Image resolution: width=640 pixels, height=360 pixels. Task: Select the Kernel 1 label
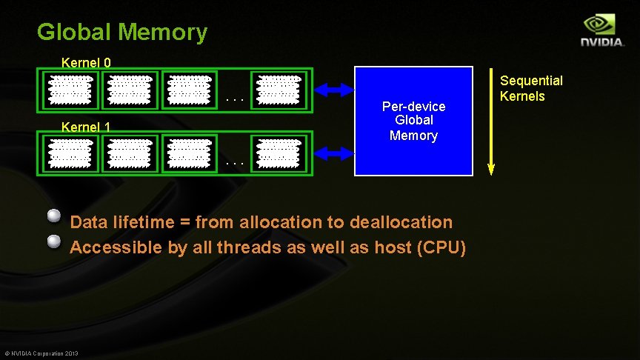[x=86, y=127]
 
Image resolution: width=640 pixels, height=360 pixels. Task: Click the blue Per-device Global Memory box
[x=413, y=121]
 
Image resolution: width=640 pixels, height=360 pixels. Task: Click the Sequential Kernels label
[x=531, y=88]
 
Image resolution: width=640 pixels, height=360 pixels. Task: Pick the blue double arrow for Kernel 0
[x=335, y=90]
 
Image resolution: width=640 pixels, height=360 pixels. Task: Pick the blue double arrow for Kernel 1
[x=335, y=153]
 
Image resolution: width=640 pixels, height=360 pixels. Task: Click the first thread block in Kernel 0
[x=70, y=90]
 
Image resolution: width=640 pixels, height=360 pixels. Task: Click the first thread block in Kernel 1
[x=70, y=153]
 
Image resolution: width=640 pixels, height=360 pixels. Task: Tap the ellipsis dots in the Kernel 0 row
[x=234, y=98]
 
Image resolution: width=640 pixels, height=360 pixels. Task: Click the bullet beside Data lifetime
[x=53, y=216]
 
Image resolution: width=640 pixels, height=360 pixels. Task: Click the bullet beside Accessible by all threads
[x=53, y=241]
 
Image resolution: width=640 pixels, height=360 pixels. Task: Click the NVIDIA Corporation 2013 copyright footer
[x=41, y=352]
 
